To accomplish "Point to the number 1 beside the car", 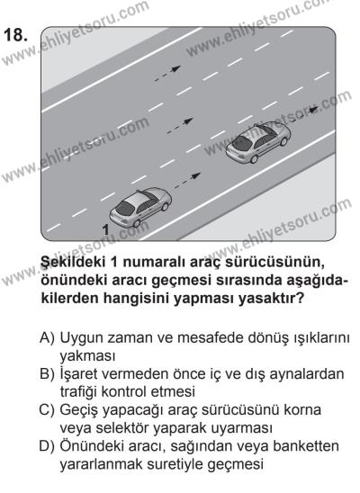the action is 106,232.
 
